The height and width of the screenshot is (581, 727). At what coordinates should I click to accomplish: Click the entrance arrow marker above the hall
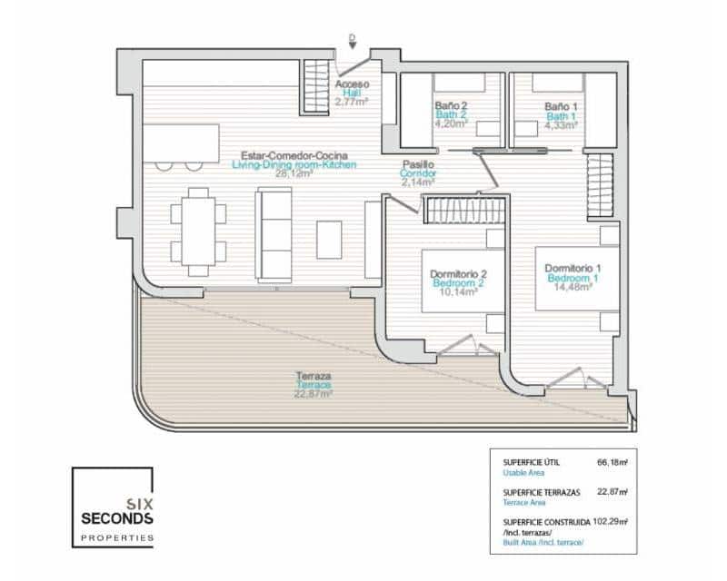[352, 39]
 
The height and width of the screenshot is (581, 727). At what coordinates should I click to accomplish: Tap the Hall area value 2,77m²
[351, 102]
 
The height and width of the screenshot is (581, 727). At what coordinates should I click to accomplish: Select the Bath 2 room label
[451, 115]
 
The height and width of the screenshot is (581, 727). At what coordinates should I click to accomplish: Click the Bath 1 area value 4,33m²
[561, 125]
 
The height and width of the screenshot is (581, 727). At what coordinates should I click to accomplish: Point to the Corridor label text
[419, 172]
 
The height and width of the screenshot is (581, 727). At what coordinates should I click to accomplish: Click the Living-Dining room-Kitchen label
[294, 165]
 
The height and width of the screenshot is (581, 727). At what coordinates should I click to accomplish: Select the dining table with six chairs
[196, 231]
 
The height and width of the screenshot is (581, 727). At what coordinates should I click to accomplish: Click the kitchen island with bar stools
[181, 143]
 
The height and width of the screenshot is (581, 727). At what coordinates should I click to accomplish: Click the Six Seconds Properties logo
[113, 507]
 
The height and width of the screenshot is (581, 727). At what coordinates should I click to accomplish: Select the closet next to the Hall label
[315, 86]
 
